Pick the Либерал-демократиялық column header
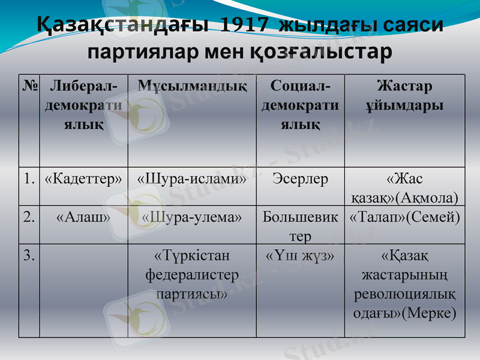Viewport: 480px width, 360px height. tap(83, 106)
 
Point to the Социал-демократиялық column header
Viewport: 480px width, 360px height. tap(300, 106)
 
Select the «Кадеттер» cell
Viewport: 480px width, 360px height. tap(83, 179)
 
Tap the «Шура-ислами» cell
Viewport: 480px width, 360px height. tap(192, 179)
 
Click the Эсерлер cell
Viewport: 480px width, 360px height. tap(300, 179)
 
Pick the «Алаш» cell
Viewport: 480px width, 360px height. tap(83, 217)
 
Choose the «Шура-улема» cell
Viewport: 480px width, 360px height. tap(192, 217)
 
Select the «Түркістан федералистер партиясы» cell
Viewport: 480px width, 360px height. tap(192, 275)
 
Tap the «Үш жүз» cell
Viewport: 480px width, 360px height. tap(300, 256)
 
